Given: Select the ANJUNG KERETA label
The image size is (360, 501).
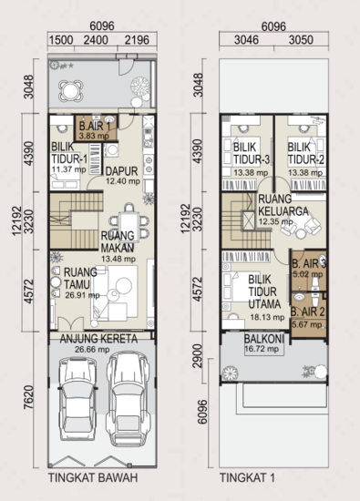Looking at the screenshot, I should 99,339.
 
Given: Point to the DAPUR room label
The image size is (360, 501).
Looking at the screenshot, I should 121,169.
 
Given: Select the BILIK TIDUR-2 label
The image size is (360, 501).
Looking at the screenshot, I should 300,152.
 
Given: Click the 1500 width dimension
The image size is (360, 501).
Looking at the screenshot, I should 60,40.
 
